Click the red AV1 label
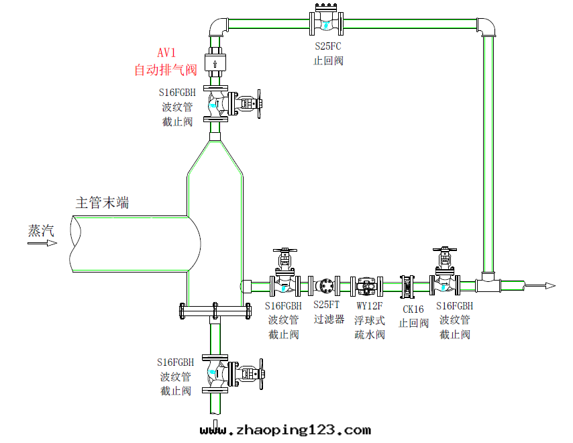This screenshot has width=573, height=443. click(168, 53)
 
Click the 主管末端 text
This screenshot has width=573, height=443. click(102, 202)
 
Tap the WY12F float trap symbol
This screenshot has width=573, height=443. click(368, 286)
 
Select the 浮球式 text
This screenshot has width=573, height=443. click(370, 320)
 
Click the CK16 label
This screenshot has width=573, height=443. click(413, 309)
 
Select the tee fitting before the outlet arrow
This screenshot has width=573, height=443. click(490, 283)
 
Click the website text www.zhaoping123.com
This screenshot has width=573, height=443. click(285, 430)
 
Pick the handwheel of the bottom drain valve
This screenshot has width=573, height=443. click(262, 373)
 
